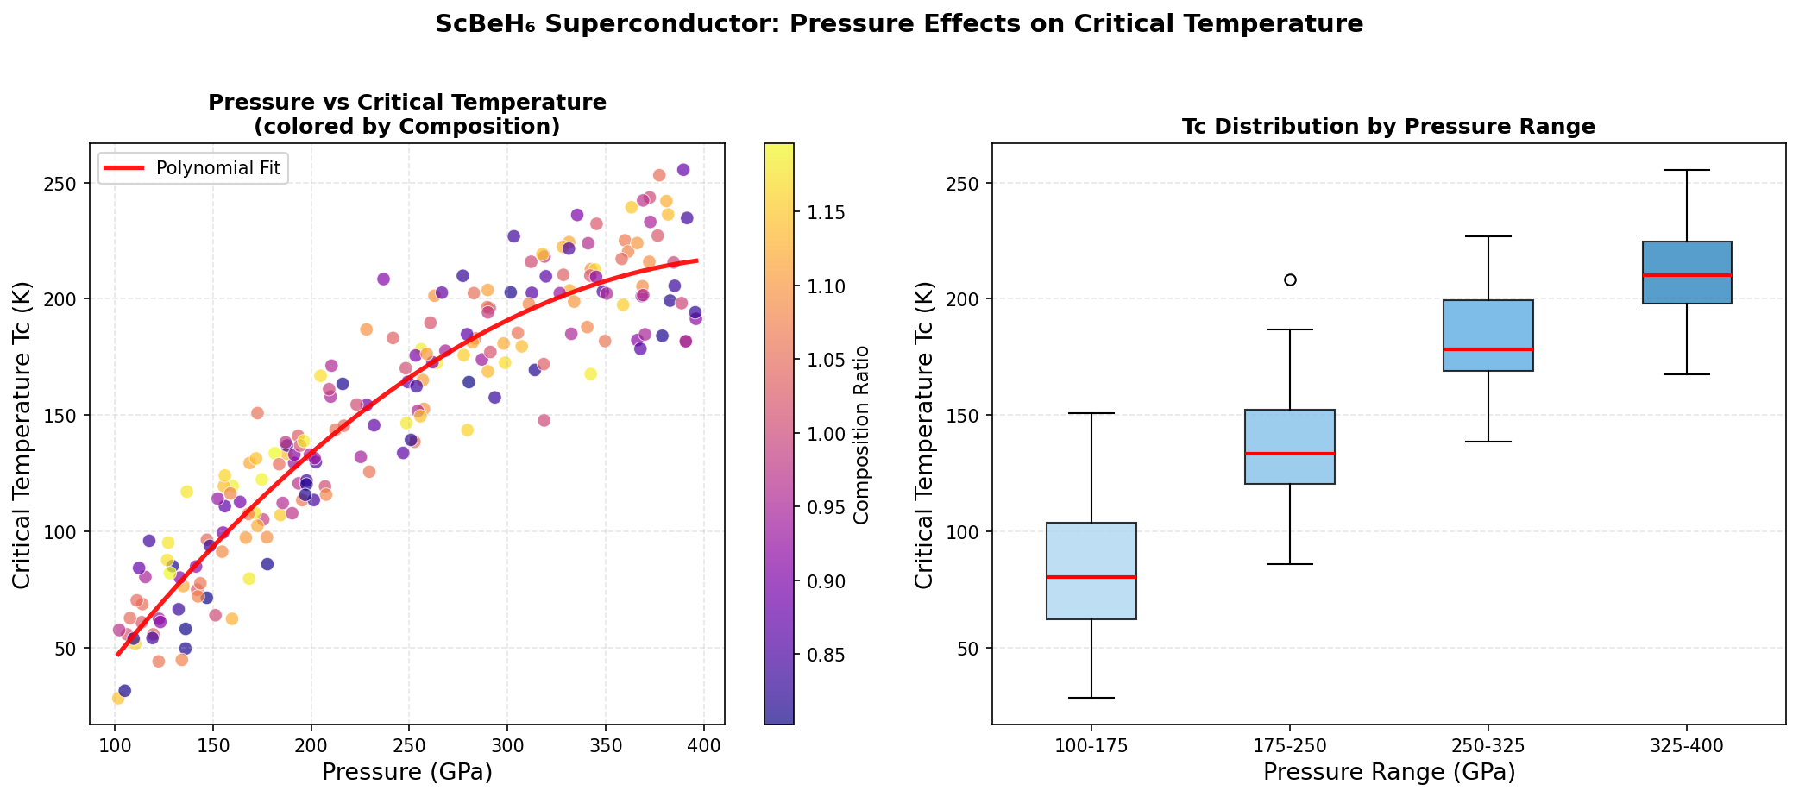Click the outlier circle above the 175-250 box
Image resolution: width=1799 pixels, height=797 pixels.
click(1290, 279)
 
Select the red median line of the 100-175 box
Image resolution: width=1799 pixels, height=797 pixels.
click(1091, 577)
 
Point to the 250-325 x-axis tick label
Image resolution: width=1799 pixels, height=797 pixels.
click(1488, 746)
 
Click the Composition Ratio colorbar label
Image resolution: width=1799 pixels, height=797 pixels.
click(860, 434)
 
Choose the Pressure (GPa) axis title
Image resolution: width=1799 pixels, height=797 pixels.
click(407, 772)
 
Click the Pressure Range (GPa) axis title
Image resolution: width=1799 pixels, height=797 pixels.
click(1388, 772)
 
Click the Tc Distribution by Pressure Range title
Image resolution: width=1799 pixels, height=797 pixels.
click(1388, 127)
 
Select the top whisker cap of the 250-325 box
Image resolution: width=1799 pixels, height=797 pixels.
click(1488, 236)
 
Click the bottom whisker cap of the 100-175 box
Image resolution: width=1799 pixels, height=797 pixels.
click(1091, 697)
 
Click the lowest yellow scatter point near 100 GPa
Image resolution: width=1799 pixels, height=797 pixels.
click(118, 698)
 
